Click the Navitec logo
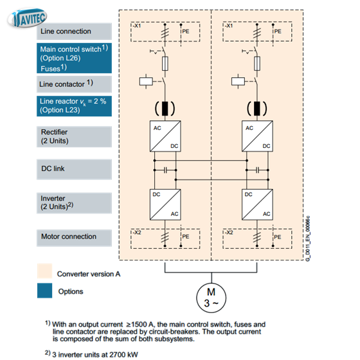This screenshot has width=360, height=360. [x=27, y=18]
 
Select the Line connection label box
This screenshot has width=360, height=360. [x=74, y=32]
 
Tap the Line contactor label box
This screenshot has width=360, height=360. [x=74, y=84]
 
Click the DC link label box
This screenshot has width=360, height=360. [x=74, y=169]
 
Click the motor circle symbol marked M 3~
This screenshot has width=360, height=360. [x=212, y=298]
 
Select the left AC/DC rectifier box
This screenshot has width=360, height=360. [x=165, y=136]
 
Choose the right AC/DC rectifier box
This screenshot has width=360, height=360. [x=257, y=136]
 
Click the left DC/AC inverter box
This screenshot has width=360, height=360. [x=165, y=204]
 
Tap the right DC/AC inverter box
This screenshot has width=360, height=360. [x=257, y=204]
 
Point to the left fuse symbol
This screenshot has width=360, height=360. [x=165, y=64]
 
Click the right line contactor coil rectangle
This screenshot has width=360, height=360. [x=238, y=81]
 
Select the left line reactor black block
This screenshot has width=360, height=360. [x=165, y=109]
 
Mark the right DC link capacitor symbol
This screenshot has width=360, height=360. [x=257, y=170]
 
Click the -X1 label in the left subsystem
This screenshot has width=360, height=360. [x=136, y=26]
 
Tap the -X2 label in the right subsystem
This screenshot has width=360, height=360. [x=229, y=232]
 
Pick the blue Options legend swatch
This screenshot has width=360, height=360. [x=44, y=291]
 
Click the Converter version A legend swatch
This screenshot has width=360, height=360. [x=44, y=271]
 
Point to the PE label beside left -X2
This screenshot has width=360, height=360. [x=186, y=237]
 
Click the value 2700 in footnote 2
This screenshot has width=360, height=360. [x=117, y=354]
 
